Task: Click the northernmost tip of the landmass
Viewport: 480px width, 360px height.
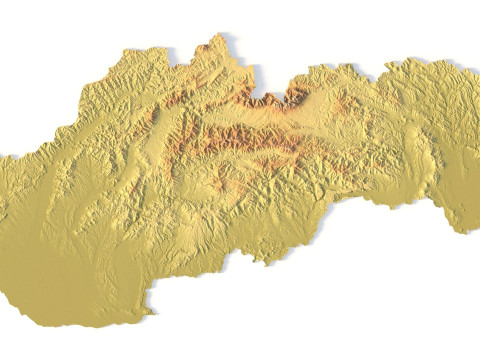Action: click(213, 36)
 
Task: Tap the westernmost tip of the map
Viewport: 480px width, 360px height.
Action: click(2, 158)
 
